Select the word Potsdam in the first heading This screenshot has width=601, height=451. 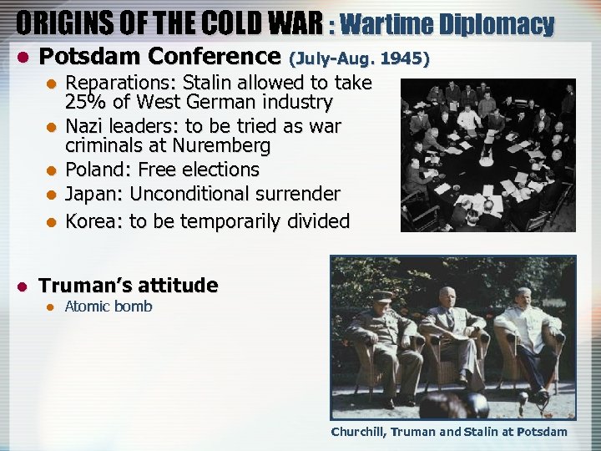[x=79, y=58]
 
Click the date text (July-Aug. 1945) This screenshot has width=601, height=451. [x=359, y=59]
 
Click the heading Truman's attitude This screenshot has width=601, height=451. [x=129, y=286]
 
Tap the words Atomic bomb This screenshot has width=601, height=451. [x=109, y=307]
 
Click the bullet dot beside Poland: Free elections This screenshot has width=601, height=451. [x=52, y=170]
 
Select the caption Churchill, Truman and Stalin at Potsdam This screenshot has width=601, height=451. [x=449, y=432]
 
